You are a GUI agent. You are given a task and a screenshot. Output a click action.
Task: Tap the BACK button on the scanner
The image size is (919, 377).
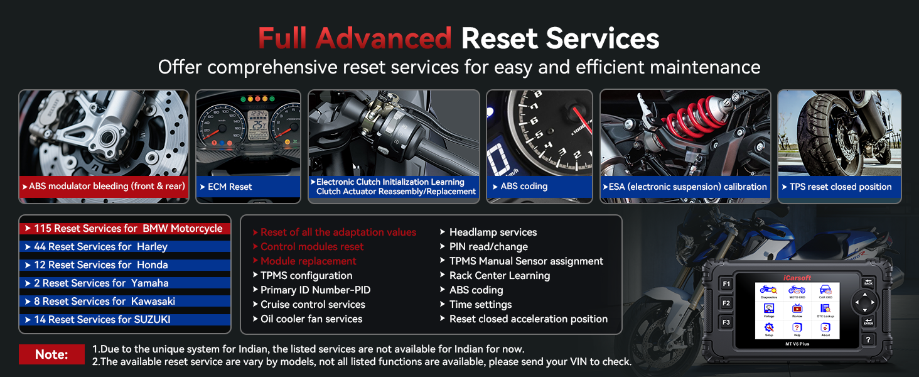[868, 283]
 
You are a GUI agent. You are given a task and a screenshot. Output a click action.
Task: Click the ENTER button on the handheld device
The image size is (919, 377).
[868, 322]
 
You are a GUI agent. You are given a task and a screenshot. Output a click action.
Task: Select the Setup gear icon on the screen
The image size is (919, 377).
[769, 328]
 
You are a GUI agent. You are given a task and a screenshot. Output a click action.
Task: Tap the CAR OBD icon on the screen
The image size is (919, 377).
[825, 291]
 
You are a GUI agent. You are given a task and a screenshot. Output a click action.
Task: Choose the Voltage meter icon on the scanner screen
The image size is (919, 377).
[769, 309]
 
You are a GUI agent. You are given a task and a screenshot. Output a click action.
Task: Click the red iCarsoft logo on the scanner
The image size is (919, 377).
[797, 277]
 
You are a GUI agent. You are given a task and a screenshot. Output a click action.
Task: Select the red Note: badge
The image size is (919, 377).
[51, 354]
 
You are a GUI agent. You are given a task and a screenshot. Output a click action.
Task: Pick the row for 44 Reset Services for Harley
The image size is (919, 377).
[126, 247]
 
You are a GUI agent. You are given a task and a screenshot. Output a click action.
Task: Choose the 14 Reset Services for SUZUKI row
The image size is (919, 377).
[126, 320]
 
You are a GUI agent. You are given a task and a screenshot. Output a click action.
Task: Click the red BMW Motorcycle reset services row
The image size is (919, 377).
[126, 229]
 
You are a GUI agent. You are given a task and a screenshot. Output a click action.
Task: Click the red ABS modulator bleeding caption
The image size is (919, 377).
[104, 187]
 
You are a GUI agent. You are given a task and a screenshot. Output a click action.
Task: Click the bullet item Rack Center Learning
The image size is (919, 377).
[499, 276]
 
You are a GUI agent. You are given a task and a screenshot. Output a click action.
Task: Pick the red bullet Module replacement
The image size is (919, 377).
[308, 261]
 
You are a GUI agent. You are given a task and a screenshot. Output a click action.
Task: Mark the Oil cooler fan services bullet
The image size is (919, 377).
[311, 319]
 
